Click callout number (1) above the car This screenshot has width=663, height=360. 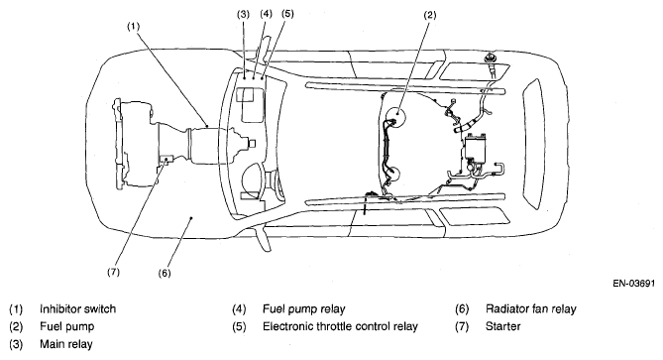pyautogui.click(x=133, y=26)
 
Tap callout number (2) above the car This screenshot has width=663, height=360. pyautogui.click(x=429, y=15)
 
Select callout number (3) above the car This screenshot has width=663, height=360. pyautogui.click(x=243, y=14)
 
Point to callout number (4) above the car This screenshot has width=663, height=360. pyautogui.click(x=266, y=14)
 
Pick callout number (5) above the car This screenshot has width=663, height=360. pyautogui.click(x=287, y=14)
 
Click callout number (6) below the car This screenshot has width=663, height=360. pyautogui.click(x=165, y=273)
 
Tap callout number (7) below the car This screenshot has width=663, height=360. pyautogui.click(x=113, y=272)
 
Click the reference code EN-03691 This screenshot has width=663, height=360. pyautogui.click(x=634, y=284)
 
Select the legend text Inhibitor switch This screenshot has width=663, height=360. pyautogui.click(x=78, y=309)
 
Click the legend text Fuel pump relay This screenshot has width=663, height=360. pyautogui.click(x=304, y=309)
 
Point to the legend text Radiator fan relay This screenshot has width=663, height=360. pyautogui.click(x=531, y=309)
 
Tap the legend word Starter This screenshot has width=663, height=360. pyautogui.click(x=503, y=326)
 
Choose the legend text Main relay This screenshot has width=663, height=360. pyautogui.click(x=66, y=344)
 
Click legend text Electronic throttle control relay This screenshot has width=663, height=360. pyautogui.click(x=340, y=326)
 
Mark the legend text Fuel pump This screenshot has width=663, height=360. pyautogui.click(x=67, y=327)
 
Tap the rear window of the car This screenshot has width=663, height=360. pyautogui.click(x=533, y=144)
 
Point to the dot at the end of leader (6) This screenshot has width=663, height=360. pyautogui.click(x=191, y=218)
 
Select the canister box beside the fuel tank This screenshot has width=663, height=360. pyautogui.click(x=476, y=147)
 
